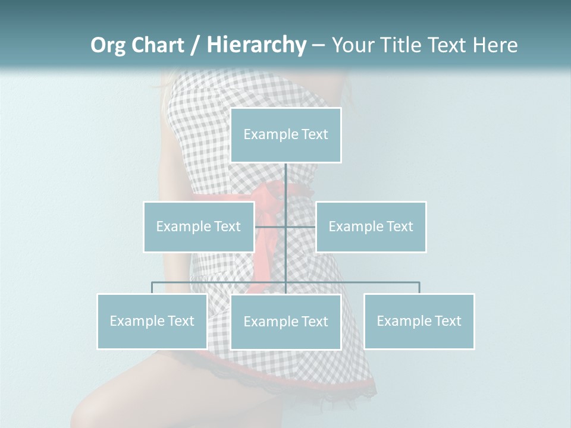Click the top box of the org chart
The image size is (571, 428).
(x=285, y=135)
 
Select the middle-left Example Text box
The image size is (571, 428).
(x=199, y=226)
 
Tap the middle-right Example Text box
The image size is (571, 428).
(x=371, y=226)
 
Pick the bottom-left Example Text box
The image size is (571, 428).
(x=152, y=321)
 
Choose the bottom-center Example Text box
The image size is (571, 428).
(x=285, y=322)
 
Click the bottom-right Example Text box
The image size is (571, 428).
(x=419, y=321)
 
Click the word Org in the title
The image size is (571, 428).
(x=108, y=45)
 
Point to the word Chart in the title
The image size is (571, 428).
(x=157, y=45)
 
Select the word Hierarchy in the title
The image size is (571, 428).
(x=256, y=45)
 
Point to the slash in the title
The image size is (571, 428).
(x=195, y=45)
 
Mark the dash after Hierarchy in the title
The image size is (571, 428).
(x=318, y=45)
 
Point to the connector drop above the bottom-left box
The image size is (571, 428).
(x=152, y=288)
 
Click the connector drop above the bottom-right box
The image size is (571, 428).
(x=419, y=288)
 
